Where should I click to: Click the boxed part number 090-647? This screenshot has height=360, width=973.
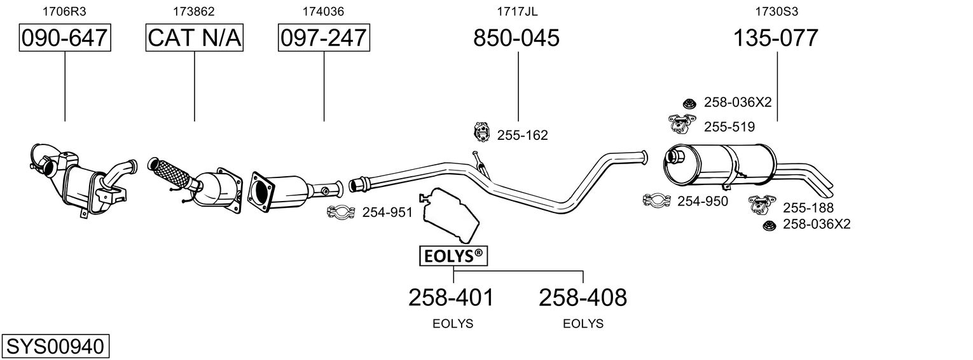point(65,38)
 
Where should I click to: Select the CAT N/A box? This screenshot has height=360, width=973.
point(195,38)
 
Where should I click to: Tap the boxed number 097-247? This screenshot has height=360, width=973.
point(324,38)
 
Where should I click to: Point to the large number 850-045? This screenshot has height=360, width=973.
point(516,38)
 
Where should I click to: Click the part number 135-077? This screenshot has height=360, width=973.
point(776,38)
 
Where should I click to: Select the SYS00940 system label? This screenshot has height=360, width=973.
point(55,347)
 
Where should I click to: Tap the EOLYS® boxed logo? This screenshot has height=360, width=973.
point(453,256)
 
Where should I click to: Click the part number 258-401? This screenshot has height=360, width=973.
point(451,297)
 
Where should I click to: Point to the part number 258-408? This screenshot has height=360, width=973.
point(583,297)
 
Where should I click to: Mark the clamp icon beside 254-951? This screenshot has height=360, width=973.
point(341,212)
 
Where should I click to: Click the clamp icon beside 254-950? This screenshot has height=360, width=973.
point(656,201)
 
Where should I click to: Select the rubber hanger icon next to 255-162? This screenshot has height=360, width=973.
point(482,133)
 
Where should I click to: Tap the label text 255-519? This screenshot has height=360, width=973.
point(729,127)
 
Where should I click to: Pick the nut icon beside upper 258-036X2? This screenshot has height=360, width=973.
point(688,102)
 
